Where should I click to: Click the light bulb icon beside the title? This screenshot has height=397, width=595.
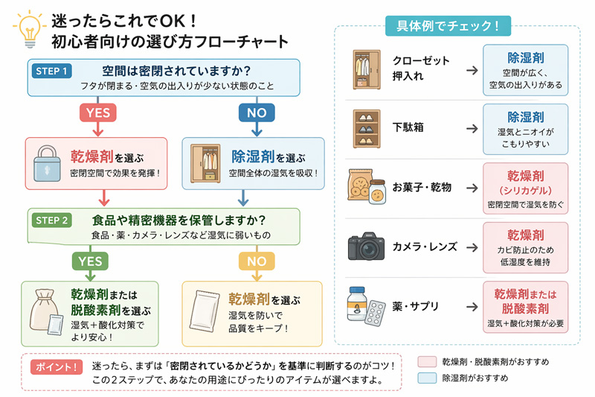[x=27, y=29]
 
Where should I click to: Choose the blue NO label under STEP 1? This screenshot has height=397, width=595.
[x=257, y=112]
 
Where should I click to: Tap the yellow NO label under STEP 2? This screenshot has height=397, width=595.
[x=256, y=261]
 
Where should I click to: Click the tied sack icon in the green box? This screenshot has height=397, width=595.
[x=44, y=311]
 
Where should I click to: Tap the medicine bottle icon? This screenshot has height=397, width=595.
[x=358, y=304]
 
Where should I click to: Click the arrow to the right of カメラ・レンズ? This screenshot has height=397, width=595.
[x=472, y=247]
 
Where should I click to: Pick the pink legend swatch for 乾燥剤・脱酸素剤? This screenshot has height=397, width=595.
[x=426, y=361]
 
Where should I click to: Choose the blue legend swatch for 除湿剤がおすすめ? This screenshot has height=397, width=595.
[x=426, y=378]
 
